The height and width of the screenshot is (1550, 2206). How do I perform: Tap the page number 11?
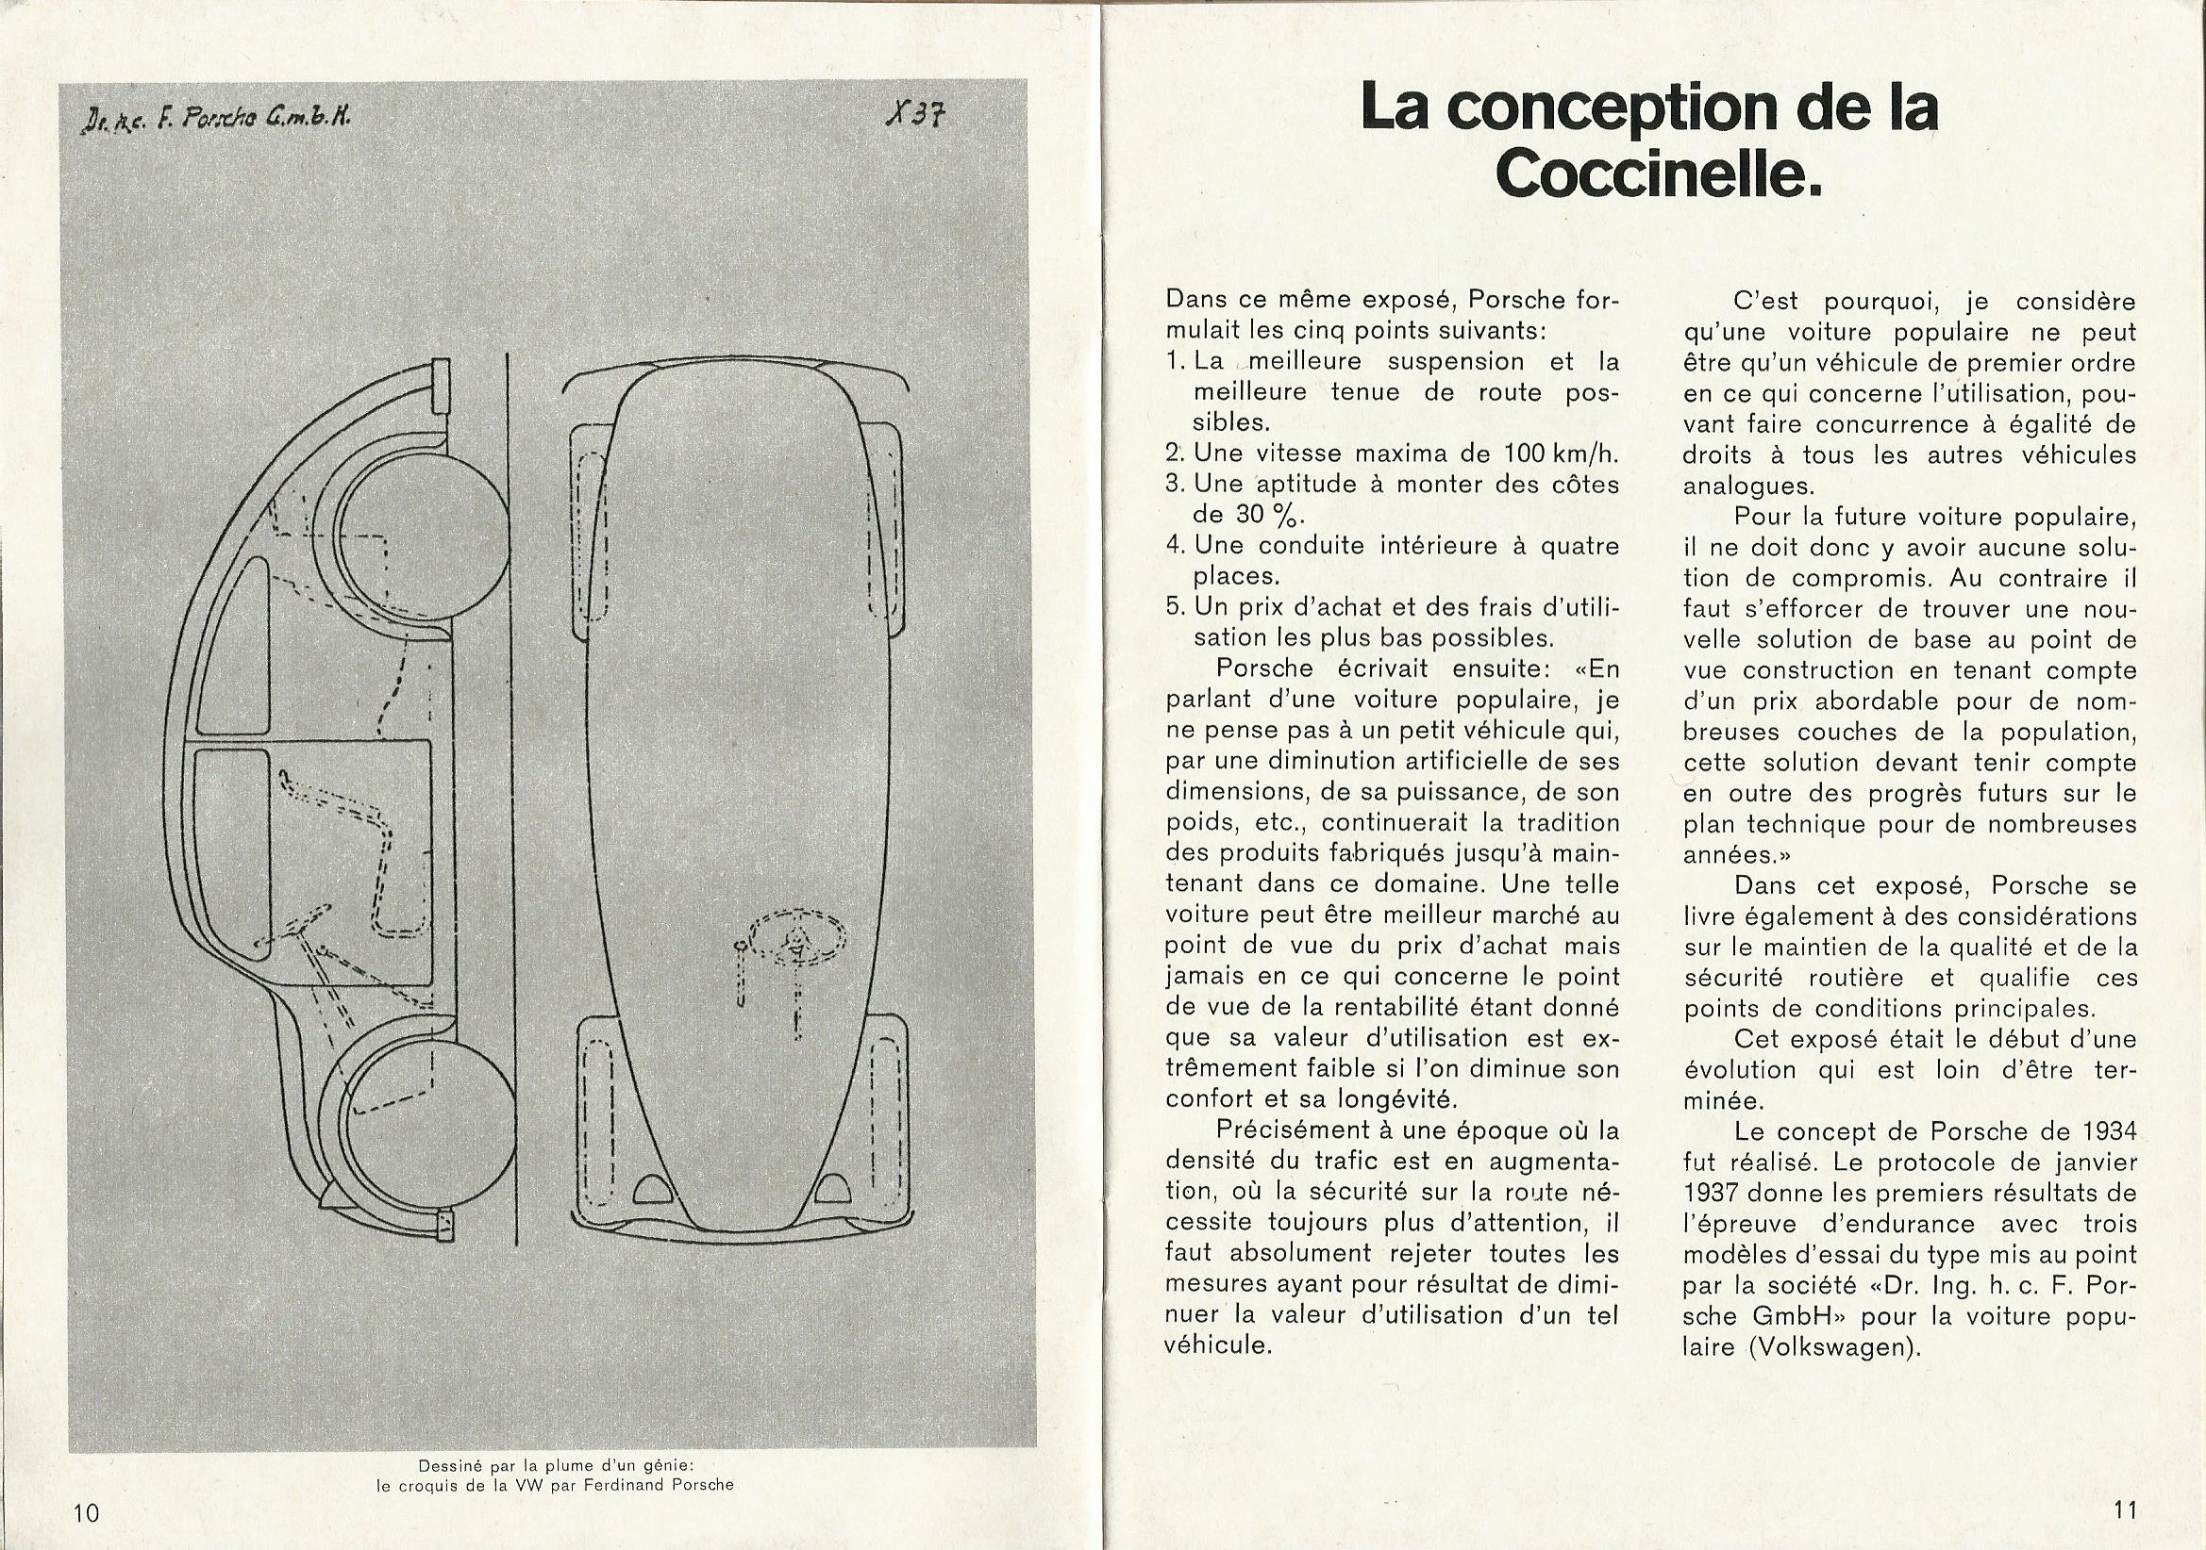(x=2124, y=1510)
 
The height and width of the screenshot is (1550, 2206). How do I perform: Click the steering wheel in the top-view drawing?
(x=797, y=938)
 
